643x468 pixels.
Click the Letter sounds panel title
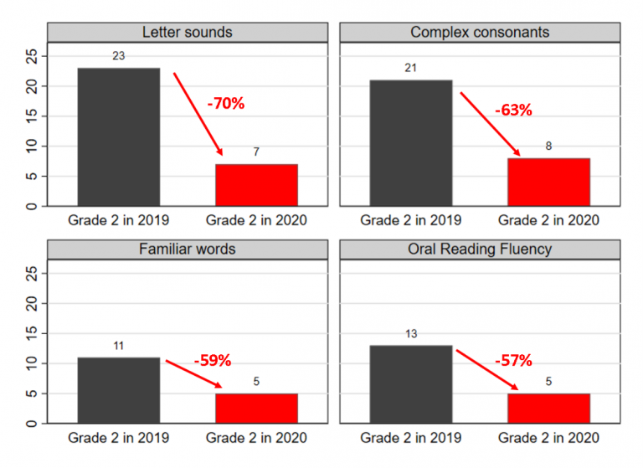click(x=187, y=33)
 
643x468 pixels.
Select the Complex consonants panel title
click(x=480, y=33)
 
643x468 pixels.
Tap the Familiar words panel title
click(x=187, y=249)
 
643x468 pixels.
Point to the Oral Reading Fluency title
click(x=480, y=249)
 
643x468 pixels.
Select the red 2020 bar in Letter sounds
click(x=256, y=185)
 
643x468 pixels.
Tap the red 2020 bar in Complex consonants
click(x=548, y=182)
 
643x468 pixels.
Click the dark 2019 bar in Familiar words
click(x=119, y=390)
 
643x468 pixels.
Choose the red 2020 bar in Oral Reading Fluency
click(x=548, y=409)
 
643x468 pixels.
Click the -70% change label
click(x=226, y=104)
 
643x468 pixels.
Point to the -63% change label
click(x=513, y=110)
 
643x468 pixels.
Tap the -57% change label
click(x=513, y=361)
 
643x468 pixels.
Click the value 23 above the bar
click(x=119, y=57)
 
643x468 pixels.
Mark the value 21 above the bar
click(x=411, y=69)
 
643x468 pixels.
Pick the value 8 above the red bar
click(x=548, y=147)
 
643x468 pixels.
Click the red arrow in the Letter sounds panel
click(x=198, y=114)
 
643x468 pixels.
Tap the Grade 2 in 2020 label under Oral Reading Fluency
click(x=548, y=438)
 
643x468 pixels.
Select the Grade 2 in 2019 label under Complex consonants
click(x=411, y=221)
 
